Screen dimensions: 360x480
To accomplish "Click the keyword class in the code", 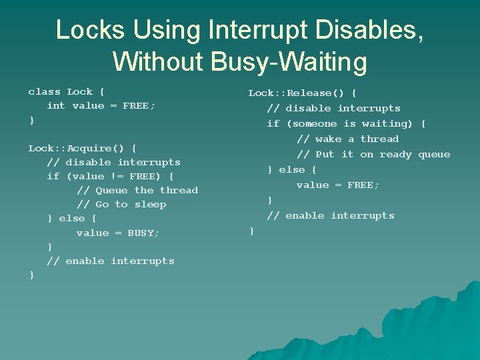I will [x=44, y=92].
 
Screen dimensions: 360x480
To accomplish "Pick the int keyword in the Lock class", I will [x=56, y=106].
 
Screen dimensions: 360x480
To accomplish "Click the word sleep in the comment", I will [x=151, y=205].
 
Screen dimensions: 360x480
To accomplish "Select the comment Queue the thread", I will [x=137, y=191].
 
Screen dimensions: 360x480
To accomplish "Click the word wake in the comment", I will [x=328, y=139].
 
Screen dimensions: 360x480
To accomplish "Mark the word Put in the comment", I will [x=325, y=155].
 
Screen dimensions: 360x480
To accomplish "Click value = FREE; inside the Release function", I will [x=338, y=185].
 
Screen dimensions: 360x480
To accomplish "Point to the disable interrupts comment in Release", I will [x=333, y=109].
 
